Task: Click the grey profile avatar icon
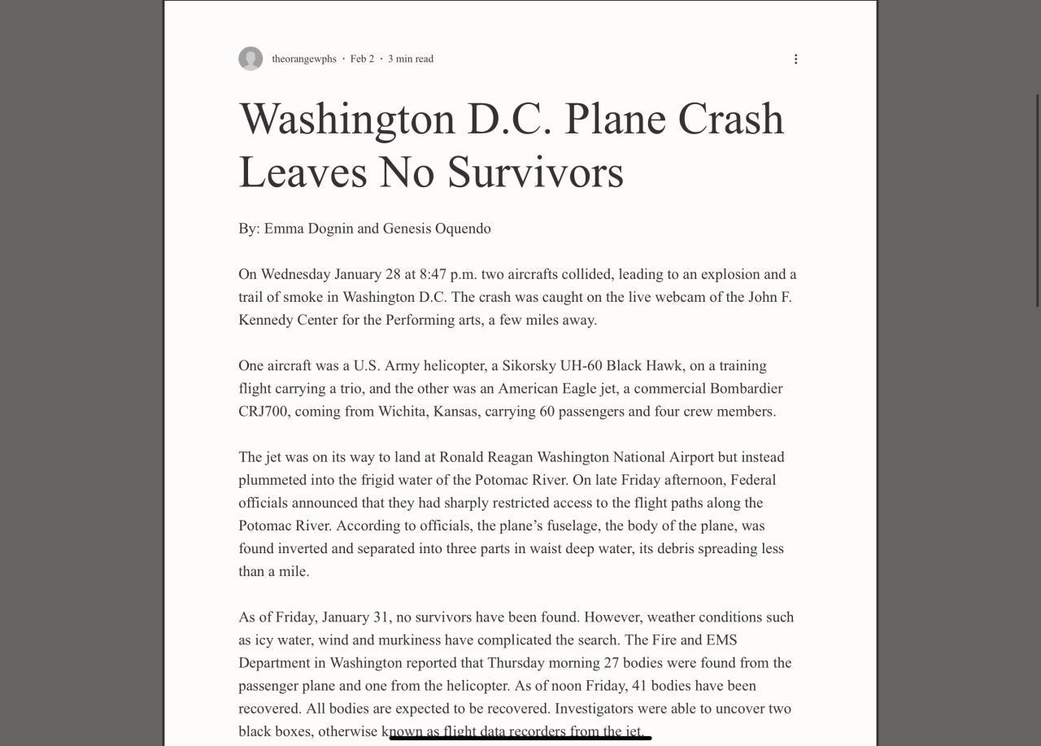pos(250,59)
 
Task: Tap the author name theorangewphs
pos(304,59)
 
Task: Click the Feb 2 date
pos(362,59)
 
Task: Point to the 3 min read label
pos(411,59)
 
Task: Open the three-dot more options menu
pos(795,59)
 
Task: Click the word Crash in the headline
pos(730,119)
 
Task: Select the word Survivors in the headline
pos(535,172)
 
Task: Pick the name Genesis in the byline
pos(407,229)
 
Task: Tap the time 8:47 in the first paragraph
pos(433,274)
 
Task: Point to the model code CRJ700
pos(263,412)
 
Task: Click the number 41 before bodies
pos(639,686)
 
